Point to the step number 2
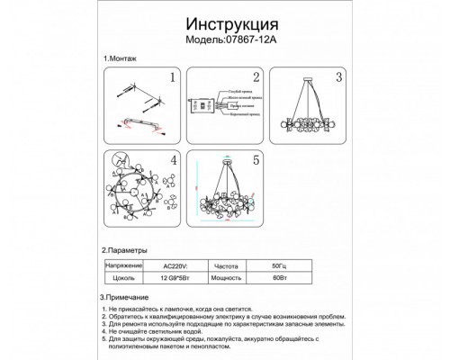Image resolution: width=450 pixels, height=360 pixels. click(x=256, y=78)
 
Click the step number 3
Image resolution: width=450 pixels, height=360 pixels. click(x=338, y=76)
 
